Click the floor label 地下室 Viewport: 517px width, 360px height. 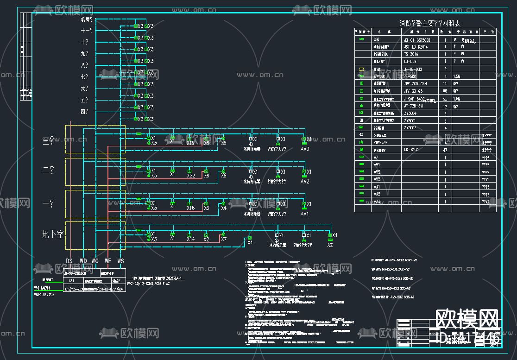[53, 234]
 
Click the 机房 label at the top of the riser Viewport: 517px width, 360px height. [87, 20]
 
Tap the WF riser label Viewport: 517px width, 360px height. [108, 261]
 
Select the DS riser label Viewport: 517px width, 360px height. [69, 261]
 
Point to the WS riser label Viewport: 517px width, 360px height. [120, 261]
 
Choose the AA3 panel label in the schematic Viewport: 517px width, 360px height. [304, 149]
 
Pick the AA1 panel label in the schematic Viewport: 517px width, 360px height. [304, 214]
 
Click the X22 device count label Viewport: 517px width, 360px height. [191, 176]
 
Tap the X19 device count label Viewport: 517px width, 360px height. [191, 143]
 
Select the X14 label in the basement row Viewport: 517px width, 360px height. [191, 239]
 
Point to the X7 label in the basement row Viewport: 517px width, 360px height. [224, 239]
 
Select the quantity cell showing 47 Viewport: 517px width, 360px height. [445, 150]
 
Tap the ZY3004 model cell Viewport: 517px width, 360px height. [410, 113]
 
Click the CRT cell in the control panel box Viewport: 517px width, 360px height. [71, 281]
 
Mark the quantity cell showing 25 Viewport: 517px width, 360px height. [445, 99]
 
